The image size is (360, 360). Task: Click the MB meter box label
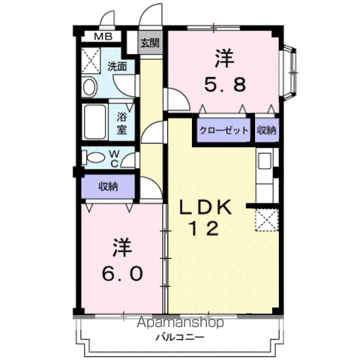[x=103, y=37]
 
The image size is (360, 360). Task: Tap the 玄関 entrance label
[x=150, y=43]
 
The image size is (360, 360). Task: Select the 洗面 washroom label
[x=117, y=66]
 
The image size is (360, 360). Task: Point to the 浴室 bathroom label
[x=121, y=123]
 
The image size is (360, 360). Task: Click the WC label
[x=114, y=158]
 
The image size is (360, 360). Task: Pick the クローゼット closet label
[x=223, y=130]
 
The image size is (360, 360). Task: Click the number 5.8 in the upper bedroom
[x=225, y=85]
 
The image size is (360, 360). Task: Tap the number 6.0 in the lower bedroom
[x=122, y=273]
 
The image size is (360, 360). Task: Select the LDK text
[x=205, y=207]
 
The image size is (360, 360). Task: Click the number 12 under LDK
[x=205, y=229]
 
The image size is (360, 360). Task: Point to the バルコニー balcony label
[x=180, y=337]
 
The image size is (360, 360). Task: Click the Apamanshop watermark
[x=180, y=322]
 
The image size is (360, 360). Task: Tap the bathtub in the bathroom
[x=94, y=122]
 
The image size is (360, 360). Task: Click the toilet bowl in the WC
[x=93, y=157]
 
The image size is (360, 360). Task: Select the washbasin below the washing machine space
[x=89, y=87]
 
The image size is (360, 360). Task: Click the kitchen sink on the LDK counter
[x=265, y=160]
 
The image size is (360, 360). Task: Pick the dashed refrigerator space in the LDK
[x=267, y=220]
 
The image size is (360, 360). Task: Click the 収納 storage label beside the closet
[x=267, y=130]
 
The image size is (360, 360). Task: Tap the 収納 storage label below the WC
[x=108, y=187]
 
